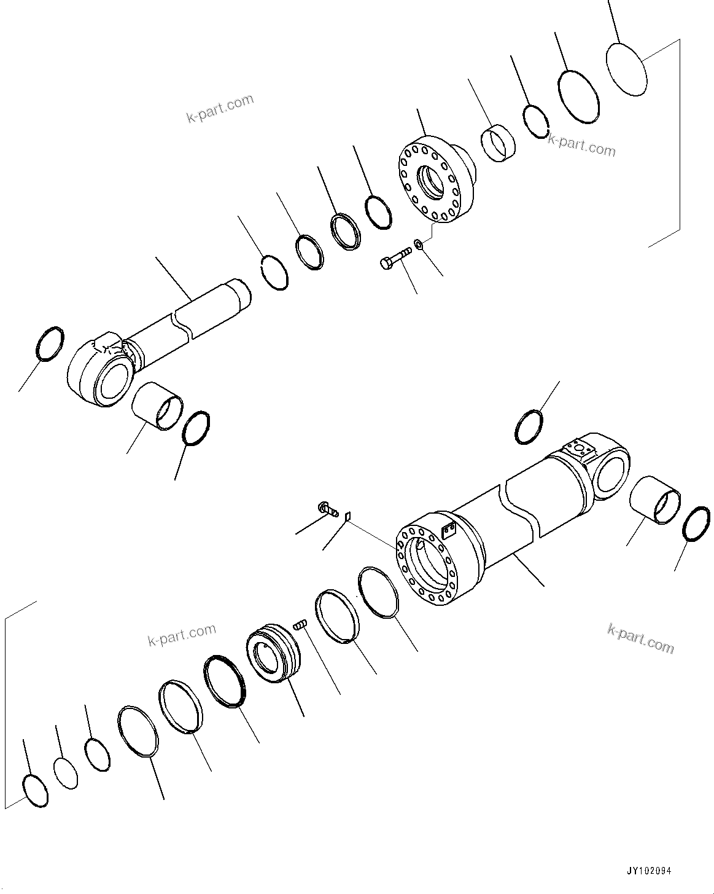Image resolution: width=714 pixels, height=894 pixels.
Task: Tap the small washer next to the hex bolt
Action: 419,245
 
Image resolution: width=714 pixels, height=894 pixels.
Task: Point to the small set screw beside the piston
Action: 300,625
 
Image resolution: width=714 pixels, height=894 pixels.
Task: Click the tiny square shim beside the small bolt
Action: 347,516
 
